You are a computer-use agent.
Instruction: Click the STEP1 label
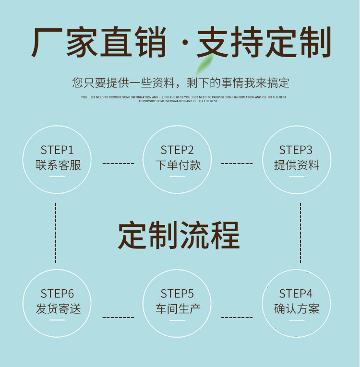(57, 150)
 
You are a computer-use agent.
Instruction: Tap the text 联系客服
(58, 166)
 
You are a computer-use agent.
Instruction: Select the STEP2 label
(177, 150)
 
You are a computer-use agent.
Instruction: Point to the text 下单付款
(178, 166)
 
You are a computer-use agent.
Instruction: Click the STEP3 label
(296, 150)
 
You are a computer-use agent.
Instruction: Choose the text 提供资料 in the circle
(297, 166)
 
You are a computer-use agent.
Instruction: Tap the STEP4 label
(296, 294)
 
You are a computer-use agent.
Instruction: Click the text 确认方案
(297, 309)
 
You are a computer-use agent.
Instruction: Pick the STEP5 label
(177, 294)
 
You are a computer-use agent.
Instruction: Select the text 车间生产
(178, 309)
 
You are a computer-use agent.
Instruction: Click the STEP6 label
(57, 294)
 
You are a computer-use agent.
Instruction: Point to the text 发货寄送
(58, 309)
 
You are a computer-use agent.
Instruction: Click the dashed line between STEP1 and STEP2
(118, 164)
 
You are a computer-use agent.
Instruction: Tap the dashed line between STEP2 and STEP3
(237, 164)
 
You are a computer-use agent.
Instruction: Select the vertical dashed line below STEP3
(300, 233)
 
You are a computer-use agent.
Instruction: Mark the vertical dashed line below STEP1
(56, 233)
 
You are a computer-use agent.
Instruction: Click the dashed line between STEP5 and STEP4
(237, 318)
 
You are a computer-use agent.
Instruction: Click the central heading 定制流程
(179, 235)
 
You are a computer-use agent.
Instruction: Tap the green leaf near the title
(205, 64)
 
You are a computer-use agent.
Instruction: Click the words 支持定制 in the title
(264, 43)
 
